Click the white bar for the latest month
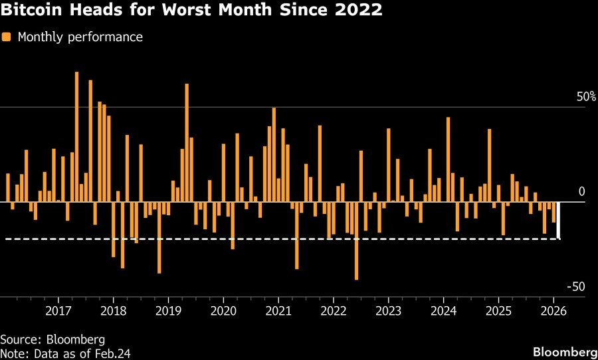coord(558,220)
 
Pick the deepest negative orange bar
coord(356,240)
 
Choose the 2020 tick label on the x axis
coord(223,311)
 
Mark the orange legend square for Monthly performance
coord(6,37)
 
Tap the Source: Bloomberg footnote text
coord(52,339)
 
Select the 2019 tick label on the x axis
coord(168,311)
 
